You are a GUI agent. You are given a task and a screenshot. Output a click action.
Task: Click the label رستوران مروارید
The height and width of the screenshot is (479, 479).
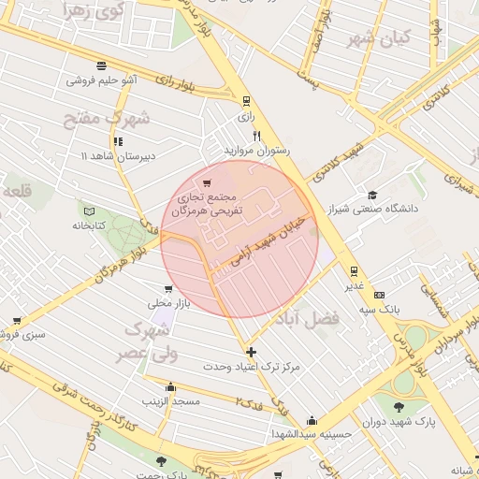(x=256, y=150)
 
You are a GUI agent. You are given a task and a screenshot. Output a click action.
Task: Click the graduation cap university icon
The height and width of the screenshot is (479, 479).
(x=373, y=195)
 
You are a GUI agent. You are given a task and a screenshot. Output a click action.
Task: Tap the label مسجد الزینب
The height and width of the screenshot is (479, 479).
(x=170, y=400)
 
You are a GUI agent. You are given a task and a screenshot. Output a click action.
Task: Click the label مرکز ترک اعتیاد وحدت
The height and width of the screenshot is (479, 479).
(x=252, y=367)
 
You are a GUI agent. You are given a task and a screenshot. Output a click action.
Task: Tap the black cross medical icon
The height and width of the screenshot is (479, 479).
(x=251, y=352)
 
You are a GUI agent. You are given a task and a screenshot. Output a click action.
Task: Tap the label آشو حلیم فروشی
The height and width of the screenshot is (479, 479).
(x=101, y=80)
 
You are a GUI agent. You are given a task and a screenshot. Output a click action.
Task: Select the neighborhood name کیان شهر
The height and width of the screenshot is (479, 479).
(x=371, y=39)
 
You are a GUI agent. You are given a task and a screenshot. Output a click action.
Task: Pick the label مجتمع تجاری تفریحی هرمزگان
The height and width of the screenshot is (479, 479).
(x=208, y=205)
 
